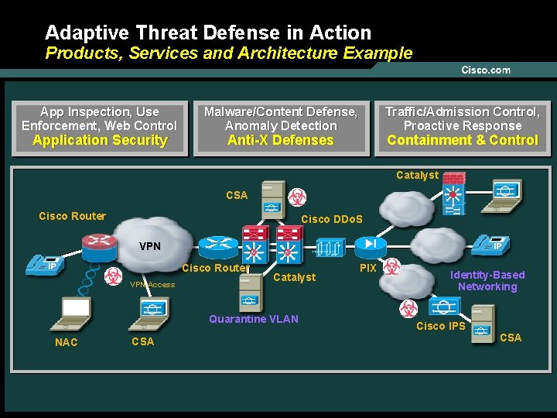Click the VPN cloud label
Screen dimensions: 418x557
pos(150,246)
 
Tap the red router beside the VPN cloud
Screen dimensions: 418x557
pos(100,245)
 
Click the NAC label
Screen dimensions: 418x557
pos(67,342)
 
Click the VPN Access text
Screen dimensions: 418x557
pos(152,285)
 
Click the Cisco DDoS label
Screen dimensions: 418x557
pos(331,219)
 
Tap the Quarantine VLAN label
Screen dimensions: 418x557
pos(254,319)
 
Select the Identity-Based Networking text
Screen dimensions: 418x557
pos(487,280)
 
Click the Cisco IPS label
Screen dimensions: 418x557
pos(441,326)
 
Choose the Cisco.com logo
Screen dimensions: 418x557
pos(486,70)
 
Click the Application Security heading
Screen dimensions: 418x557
pos(100,140)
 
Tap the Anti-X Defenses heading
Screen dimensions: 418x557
pos(281,140)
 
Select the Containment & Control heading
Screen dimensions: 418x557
pos(463,140)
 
